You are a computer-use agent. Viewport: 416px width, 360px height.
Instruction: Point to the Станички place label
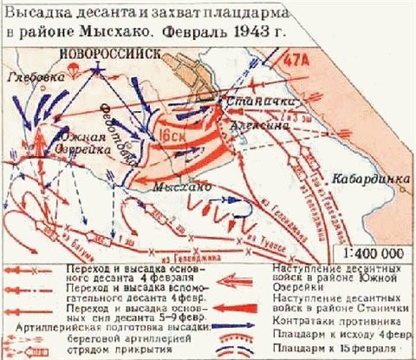(251, 102)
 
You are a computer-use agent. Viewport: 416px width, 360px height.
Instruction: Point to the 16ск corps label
(166, 136)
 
